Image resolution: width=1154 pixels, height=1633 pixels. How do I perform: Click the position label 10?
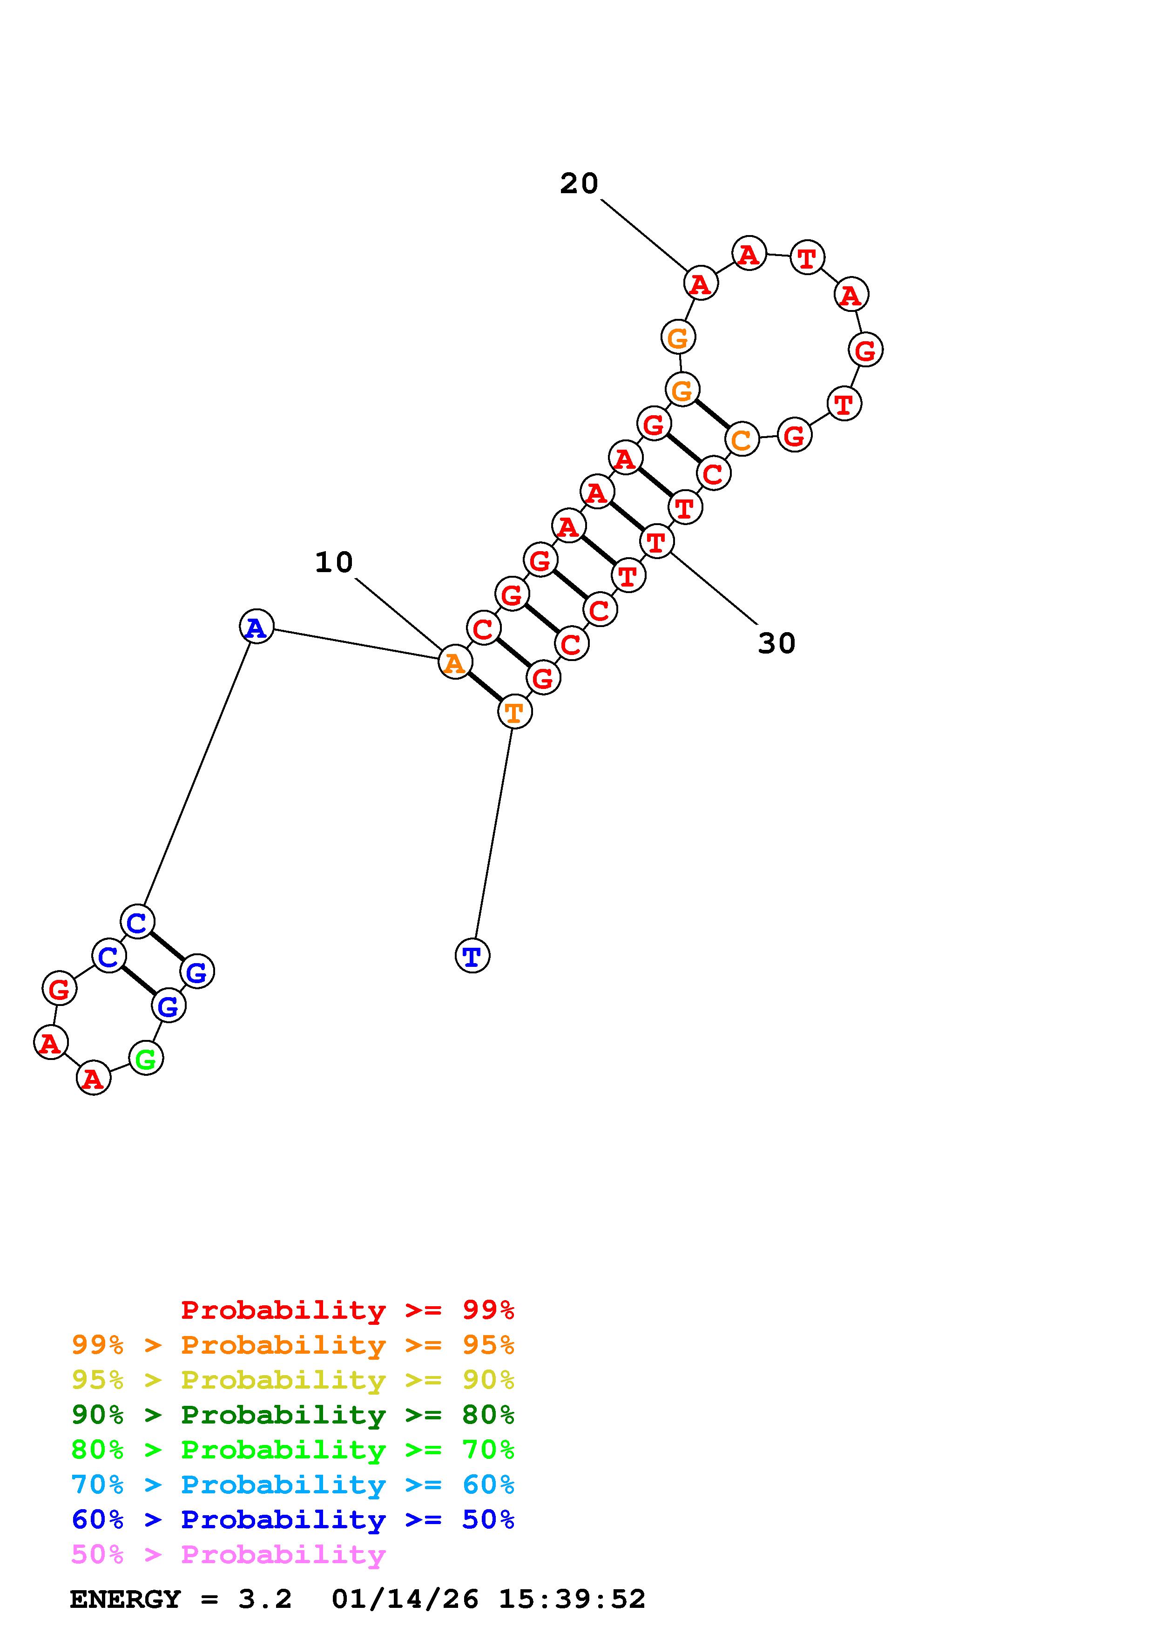tap(333, 563)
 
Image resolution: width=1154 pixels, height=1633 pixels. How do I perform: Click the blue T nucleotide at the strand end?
tap(472, 956)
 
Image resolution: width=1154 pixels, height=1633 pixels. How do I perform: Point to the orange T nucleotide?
tap(514, 711)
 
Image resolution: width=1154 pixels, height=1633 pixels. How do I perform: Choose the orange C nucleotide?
tap(742, 439)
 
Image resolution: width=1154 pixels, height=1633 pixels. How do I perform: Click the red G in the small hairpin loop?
tap(59, 989)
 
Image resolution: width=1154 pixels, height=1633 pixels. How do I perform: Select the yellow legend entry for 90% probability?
tap(293, 1380)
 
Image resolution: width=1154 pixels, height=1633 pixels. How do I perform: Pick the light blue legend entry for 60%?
tap(293, 1485)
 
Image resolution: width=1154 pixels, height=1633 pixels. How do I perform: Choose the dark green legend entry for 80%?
tap(293, 1415)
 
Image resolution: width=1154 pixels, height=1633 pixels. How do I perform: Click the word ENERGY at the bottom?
tap(125, 1599)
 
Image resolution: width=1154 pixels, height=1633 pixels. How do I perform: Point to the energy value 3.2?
tap(265, 1599)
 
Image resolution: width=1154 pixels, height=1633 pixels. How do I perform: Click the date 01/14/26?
tap(405, 1599)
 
